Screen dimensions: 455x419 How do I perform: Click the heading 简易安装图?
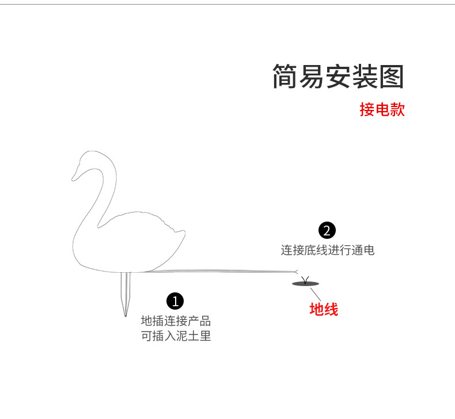point(338,77)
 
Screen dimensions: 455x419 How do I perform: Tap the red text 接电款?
point(382,109)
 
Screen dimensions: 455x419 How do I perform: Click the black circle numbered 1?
point(175,300)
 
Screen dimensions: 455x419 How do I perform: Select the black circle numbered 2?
point(327,231)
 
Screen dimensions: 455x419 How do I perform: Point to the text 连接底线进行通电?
point(327,250)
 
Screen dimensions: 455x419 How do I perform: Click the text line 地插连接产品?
point(176,321)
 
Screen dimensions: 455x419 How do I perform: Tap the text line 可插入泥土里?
point(176,336)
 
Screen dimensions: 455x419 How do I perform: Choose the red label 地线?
point(324,309)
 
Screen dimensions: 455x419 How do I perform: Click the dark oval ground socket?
point(305,283)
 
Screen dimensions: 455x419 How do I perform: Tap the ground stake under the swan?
point(125,291)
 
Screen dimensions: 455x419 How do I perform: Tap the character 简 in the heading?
point(285,77)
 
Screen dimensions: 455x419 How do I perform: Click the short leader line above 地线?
point(314,292)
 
